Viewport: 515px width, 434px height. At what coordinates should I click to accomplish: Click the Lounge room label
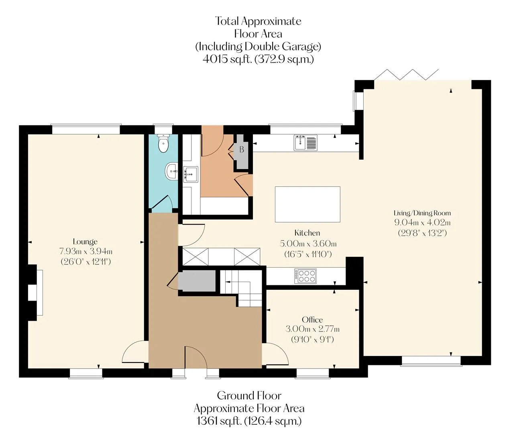pyautogui.click(x=85, y=242)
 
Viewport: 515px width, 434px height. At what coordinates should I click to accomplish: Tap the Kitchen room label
pyautogui.click(x=307, y=233)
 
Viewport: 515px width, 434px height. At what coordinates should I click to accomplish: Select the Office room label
pyautogui.click(x=312, y=319)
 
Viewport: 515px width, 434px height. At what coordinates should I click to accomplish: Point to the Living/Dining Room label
pyautogui.click(x=422, y=213)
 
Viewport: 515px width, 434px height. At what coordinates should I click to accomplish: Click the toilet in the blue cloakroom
pyautogui.click(x=163, y=143)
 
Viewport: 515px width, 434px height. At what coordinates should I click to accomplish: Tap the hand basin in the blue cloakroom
pyautogui.click(x=171, y=170)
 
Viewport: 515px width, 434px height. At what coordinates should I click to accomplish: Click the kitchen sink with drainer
pyautogui.click(x=305, y=143)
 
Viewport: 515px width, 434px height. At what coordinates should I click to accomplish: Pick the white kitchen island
pyautogui.click(x=307, y=204)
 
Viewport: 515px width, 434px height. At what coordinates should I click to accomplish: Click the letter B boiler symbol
pyautogui.click(x=242, y=149)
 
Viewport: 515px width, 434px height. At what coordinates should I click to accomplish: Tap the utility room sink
pyautogui.click(x=190, y=174)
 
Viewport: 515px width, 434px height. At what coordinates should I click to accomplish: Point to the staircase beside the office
pyautogui.click(x=241, y=288)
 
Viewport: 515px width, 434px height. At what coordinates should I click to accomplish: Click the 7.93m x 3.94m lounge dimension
pyautogui.click(x=86, y=252)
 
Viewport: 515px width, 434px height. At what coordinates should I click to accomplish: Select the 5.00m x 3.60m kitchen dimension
pyautogui.click(x=308, y=244)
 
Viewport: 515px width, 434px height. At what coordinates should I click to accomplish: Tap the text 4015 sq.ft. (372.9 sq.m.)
pyautogui.click(x=258, y=59)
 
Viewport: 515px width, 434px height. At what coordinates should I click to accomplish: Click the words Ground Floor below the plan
pyautogui.click(x=249, y=396)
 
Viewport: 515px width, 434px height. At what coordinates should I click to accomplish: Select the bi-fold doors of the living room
pyautogui.click(x=407, y=75)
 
